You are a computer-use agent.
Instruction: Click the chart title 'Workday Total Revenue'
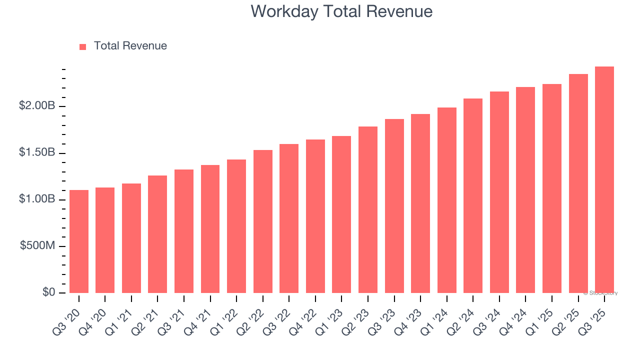point(341,11)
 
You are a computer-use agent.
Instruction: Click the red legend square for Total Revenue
point(83,46)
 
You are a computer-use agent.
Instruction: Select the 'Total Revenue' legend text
point(130,46)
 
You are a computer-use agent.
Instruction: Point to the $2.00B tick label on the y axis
point(36,106)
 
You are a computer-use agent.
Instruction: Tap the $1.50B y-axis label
point(36,152)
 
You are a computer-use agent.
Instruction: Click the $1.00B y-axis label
point(36,199)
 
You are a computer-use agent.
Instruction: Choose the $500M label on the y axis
point(37,245)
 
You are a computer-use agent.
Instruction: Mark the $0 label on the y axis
point(48,292)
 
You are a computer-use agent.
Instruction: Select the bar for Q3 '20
point(79,241)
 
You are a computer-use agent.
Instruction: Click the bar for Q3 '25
point(604,180)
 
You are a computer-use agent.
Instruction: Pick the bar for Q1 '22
point(236,226)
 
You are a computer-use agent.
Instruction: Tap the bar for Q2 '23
point(368,210)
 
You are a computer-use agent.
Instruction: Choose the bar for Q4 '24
point(525,190)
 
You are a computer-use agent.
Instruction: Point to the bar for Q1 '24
point(446,200)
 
